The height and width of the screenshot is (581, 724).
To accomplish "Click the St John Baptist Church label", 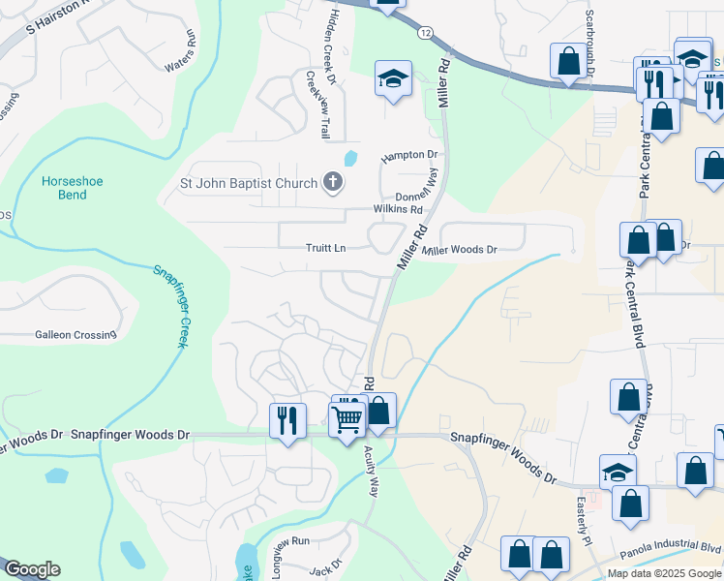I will tap(249, 183).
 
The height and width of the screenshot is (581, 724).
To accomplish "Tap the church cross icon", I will tap(332, 182).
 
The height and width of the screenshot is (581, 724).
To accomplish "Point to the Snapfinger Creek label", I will tap(169, 305).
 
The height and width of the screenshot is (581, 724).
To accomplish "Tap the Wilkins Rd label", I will tap(399, 209).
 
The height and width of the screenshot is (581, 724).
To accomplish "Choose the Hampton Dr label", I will tap(409, 155).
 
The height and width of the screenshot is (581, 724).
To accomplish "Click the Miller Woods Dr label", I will tap(460, 250).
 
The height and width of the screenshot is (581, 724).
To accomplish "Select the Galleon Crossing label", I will tap(75, 335).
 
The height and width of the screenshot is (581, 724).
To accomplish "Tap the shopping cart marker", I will tap(347, 420).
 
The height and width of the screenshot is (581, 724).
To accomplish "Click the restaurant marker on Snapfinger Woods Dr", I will tap(287, 419).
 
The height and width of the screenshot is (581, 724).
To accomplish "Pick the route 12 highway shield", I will tap(426, 32).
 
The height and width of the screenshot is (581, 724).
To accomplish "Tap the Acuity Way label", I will tap(372, 472).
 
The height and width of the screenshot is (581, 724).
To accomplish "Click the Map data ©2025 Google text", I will tap(663, 573).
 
